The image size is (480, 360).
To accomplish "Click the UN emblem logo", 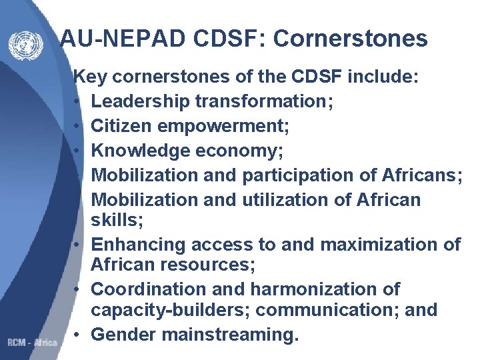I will click(x=26, y=46).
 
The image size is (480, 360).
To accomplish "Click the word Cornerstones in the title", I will click(x=350, y=39).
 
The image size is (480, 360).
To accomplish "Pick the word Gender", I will click(x=119, y=334).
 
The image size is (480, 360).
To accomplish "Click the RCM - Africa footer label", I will click(x=32, y=343).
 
